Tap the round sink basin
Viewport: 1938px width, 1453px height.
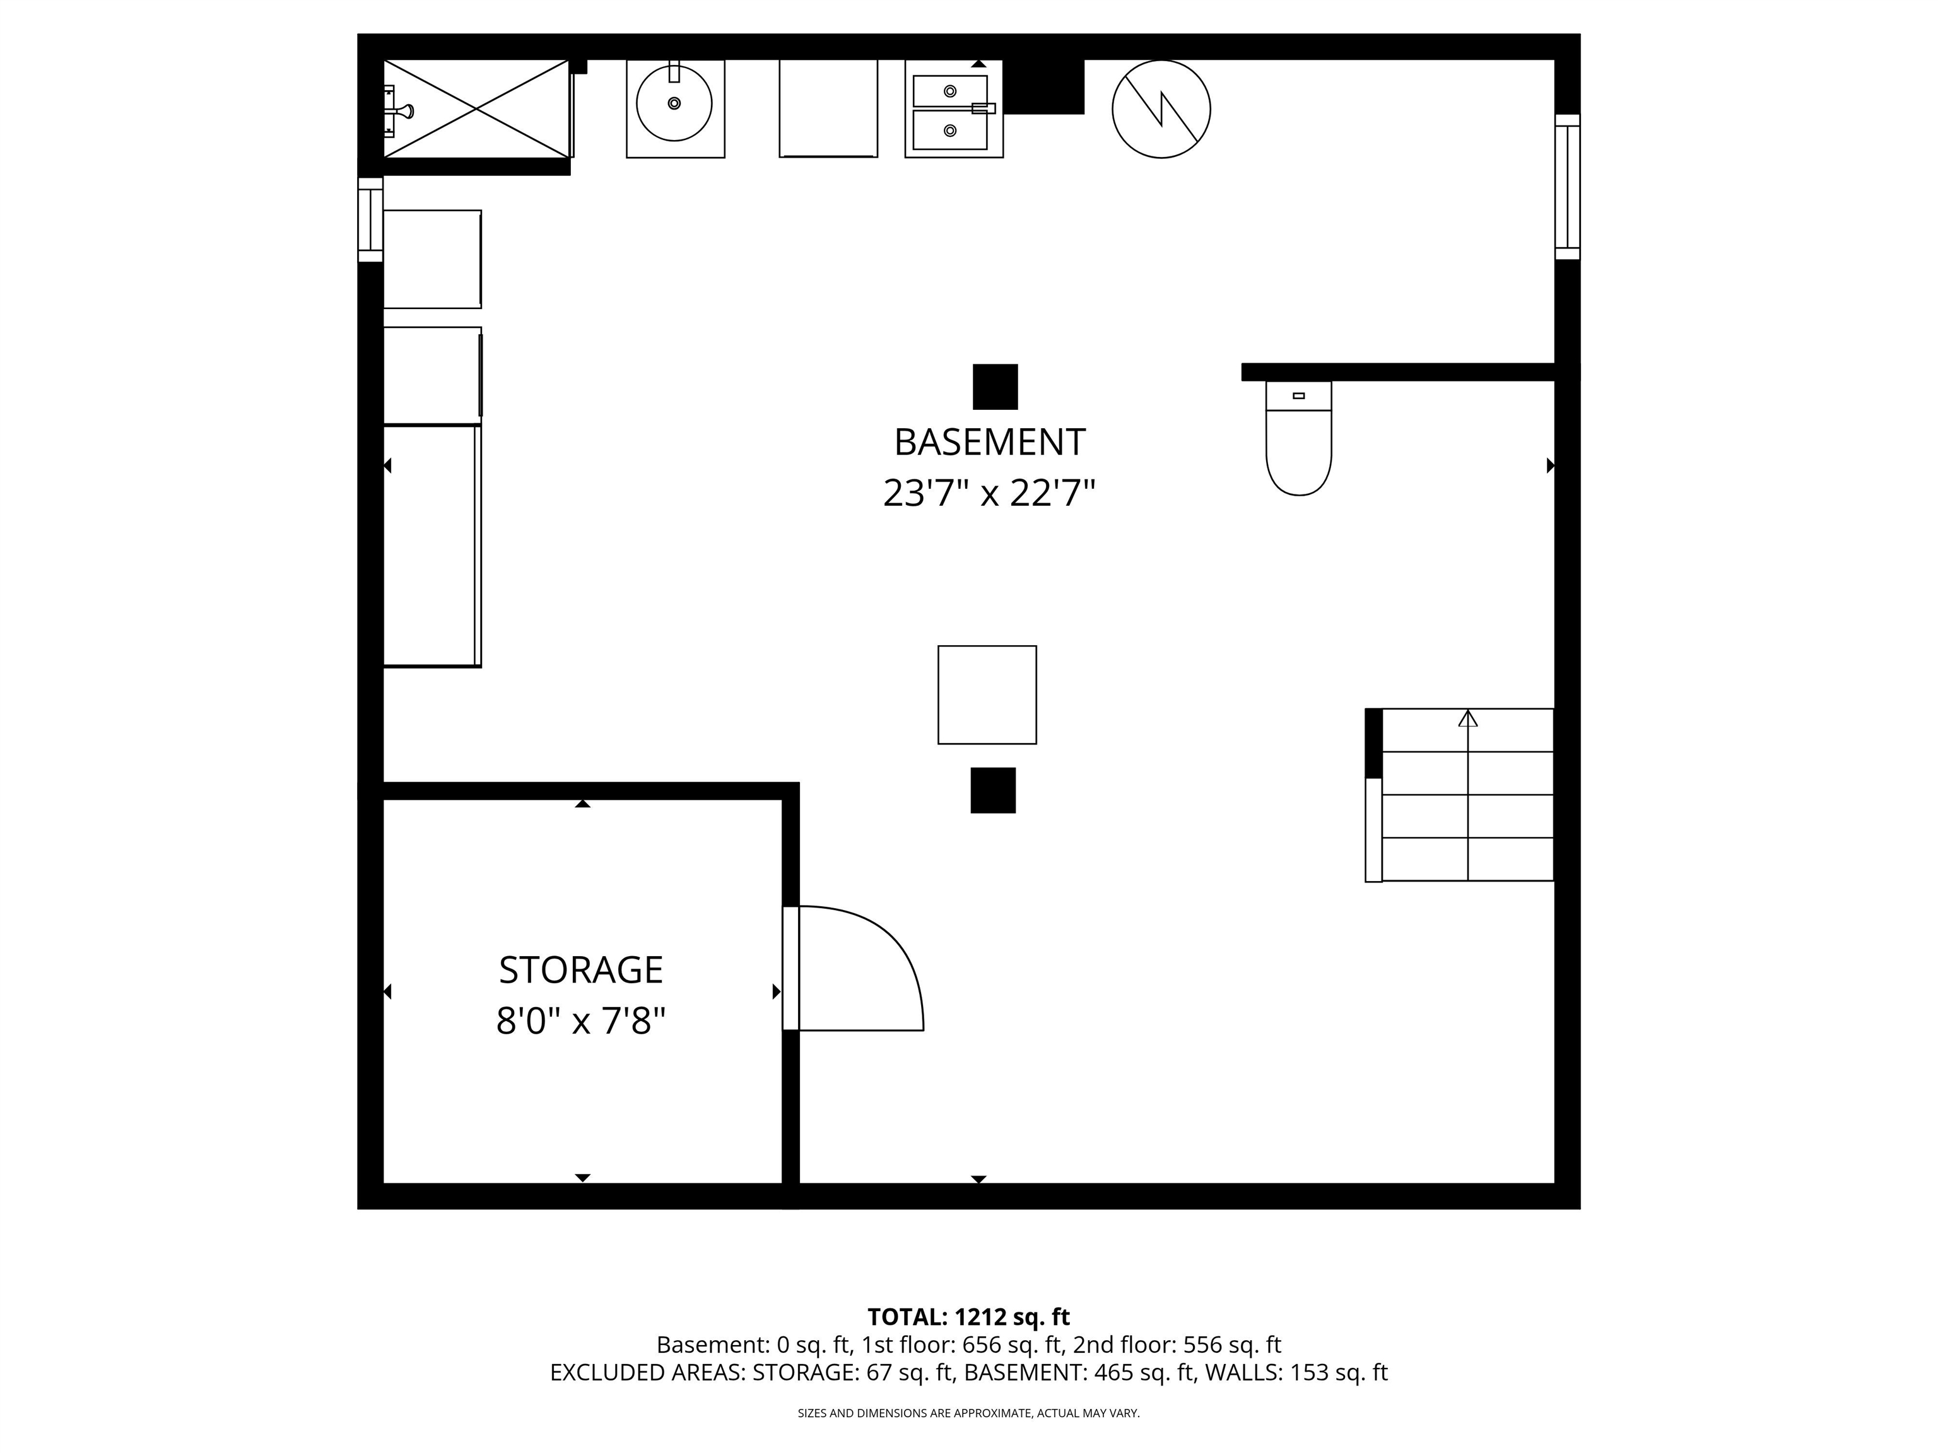[674, 103]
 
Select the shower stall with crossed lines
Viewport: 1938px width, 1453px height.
[477, 108]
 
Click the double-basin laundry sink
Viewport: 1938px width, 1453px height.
[953, 110]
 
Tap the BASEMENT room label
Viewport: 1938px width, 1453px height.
[989, 442]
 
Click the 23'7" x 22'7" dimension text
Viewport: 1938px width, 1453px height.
[989, 494]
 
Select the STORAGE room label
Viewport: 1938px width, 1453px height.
[581, 969]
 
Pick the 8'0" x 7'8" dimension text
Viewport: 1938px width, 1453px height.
[581, 1021]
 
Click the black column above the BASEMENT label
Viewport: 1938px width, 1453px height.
[995, 386]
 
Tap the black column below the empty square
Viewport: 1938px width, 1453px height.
[992, 790]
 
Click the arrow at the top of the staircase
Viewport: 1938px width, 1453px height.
[1467, 719]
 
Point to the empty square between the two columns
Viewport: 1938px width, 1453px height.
[987, 694]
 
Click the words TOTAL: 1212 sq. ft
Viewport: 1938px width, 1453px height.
[968, 1316]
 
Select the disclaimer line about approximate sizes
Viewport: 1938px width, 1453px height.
[968, 1413]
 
